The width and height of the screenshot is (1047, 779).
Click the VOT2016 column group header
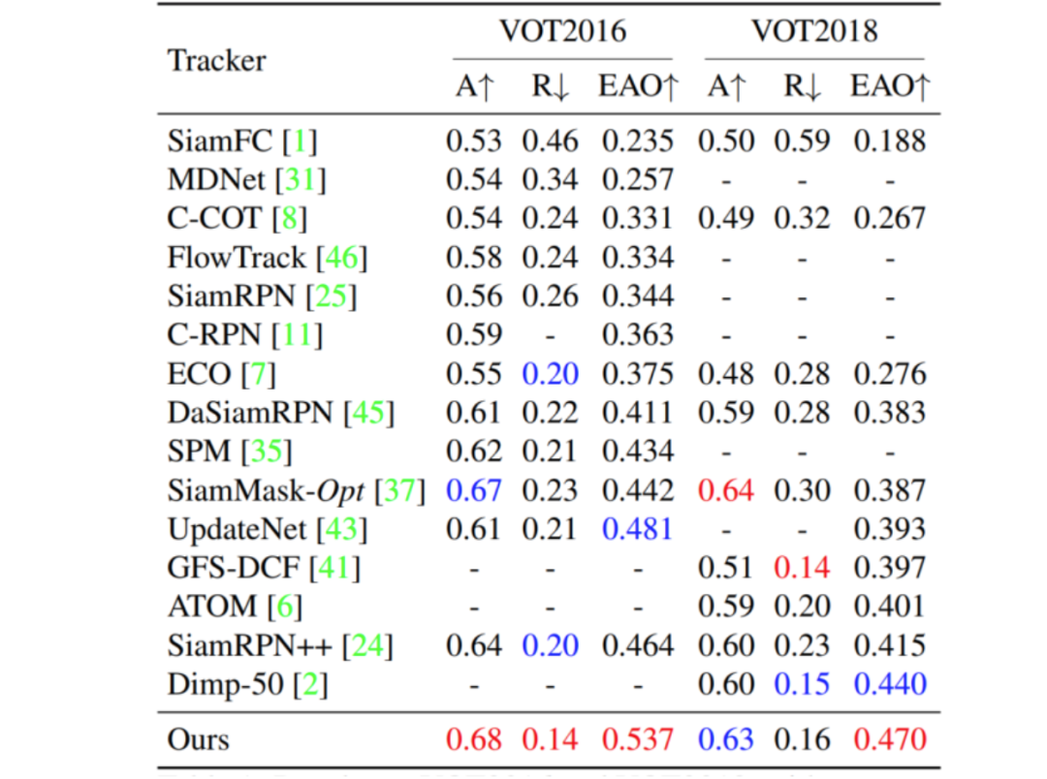pos(562,31)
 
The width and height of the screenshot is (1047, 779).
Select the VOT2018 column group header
pos(814,31)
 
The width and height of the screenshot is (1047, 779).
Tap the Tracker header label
pos(216,60)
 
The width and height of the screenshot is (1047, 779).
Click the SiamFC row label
pos(222,140)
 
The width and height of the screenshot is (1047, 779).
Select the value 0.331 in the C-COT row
pos(637,218)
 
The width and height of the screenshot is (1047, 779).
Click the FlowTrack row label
pos(238,257)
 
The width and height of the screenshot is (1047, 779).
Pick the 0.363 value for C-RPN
pos(637,334)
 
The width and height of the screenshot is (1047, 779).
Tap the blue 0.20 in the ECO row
pos(551,373)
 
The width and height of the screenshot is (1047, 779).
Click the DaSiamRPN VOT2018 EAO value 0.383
pos(889,412)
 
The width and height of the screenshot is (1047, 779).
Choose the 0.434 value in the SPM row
pos(637,451)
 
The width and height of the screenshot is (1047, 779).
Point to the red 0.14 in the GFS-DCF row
pos(802,567)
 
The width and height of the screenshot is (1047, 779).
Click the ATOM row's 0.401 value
pos(889,606)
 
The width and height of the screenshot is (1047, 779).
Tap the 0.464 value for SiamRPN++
pos(637,644)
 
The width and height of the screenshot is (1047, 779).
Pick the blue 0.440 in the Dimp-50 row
pos(889,683)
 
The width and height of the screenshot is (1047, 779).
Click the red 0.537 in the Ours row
pos(637,739)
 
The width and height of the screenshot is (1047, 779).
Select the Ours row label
pos(199,739)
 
